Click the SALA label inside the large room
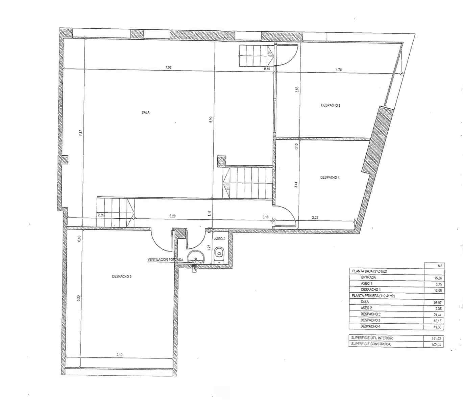tap(146, 113)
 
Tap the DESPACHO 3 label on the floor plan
tap(331, 105)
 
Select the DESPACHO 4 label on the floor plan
tap(330, 177)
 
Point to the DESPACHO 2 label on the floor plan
tap(122, 276)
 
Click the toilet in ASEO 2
tap(219, 253)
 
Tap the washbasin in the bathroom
tap(195, 257)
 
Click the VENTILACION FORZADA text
tap(165, 260)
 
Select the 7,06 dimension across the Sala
tap(168, 67)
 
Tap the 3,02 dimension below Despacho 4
tap(315, 218)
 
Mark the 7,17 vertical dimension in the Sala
tap(80, 133)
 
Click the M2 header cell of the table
tap(439, 266)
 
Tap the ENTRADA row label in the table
tap(368, 277)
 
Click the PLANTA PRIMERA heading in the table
tap(373, 296)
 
